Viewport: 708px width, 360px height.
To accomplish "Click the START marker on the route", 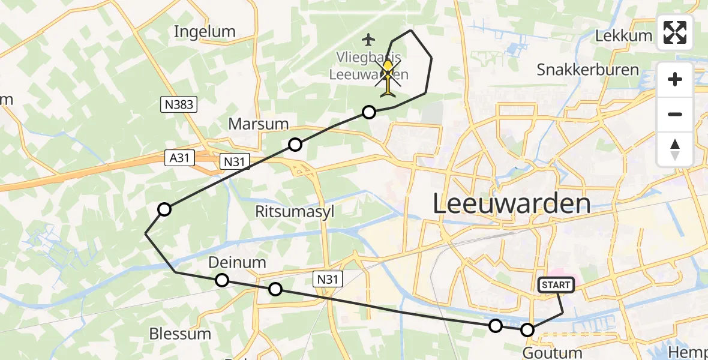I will (557, 286).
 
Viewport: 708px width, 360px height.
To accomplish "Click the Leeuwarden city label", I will (511, 204).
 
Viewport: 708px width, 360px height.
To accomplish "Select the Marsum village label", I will (259, 124).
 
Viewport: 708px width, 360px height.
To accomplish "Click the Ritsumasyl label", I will (295, 212).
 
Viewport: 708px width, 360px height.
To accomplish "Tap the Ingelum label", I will (205, 32).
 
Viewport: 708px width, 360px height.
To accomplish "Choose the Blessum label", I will (180, 334).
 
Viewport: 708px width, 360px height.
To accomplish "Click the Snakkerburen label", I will (587, 70).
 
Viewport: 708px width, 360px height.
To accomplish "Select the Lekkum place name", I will (623, 35).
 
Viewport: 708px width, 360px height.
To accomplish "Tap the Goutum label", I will (552, 353).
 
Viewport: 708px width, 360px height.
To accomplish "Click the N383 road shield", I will (179, 105).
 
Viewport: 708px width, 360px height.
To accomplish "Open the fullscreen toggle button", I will (675, 32).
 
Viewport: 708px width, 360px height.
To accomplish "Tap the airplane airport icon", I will (368, 40).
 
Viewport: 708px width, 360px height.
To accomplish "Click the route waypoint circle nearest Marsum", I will (295, 144).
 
